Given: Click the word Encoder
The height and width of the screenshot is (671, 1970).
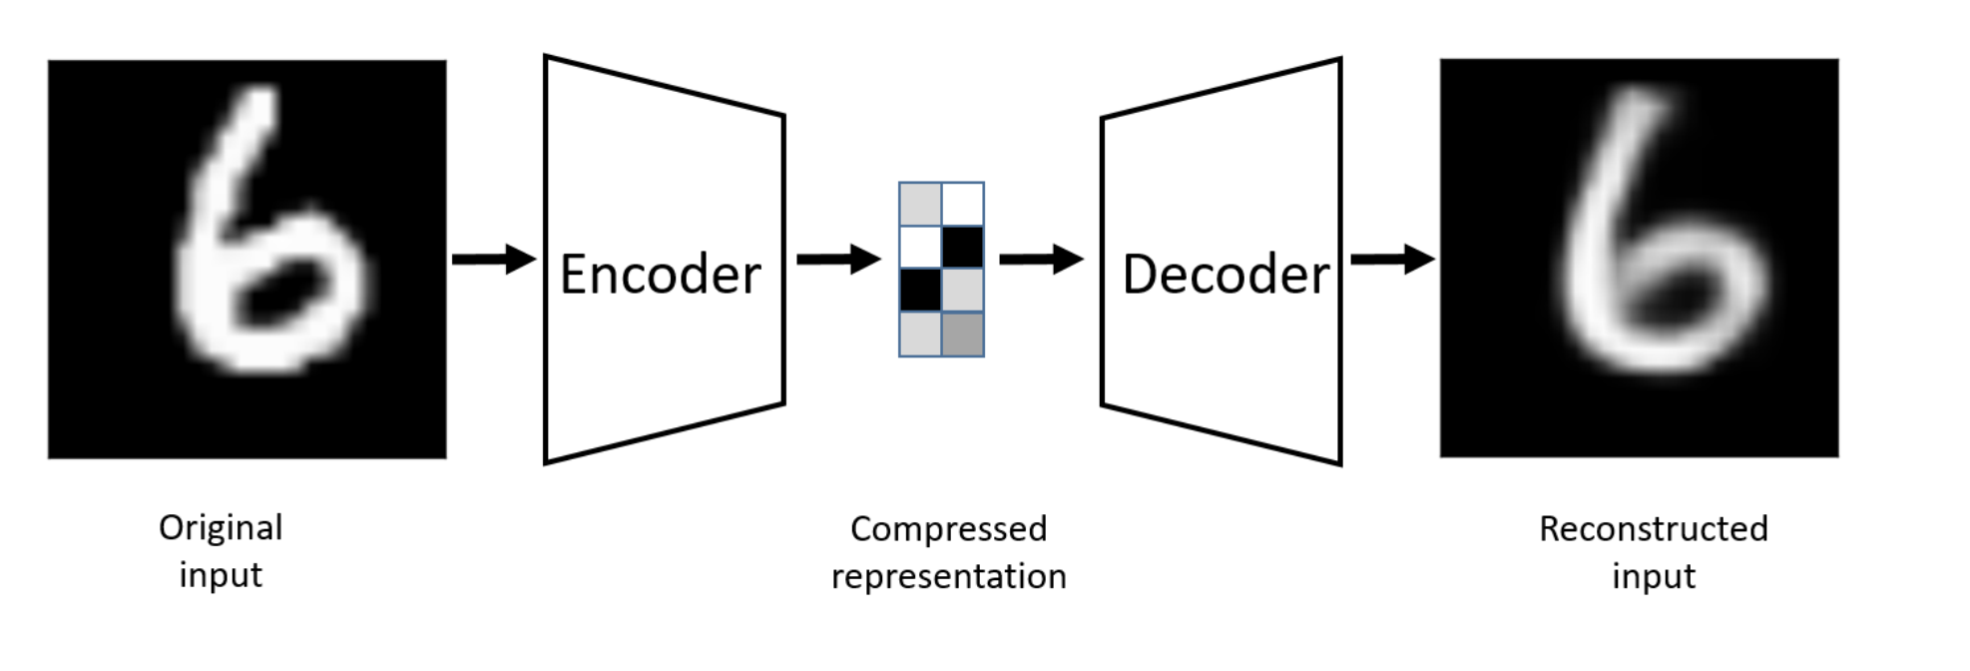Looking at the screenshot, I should (660, 275).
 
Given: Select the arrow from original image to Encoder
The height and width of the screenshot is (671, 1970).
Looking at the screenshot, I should (493, 260).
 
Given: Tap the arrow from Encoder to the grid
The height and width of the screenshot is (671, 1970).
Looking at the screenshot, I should (837, 260).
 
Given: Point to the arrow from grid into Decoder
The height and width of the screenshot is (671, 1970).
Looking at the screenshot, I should (1040, 260).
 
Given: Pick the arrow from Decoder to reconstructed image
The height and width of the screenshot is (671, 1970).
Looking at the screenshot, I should (1391, 260).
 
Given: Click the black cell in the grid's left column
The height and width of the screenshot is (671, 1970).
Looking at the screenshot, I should (920, 291).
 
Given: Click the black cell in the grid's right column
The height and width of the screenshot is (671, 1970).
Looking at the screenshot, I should (963, 247).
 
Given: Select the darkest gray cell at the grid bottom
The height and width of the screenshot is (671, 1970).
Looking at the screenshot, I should (963, 335).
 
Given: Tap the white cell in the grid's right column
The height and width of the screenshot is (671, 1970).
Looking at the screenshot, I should (963, 204).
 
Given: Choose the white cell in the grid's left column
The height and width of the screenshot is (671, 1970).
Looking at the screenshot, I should (920, 247).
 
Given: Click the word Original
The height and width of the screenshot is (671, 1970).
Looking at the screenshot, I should (221, 527).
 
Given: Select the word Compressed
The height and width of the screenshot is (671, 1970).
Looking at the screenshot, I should (948, 528).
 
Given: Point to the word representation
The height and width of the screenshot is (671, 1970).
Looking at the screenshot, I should (948, 576).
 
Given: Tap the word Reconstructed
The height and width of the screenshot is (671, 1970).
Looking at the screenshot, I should (1653, 528).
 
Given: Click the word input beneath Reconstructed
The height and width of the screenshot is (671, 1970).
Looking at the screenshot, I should (1653, 576).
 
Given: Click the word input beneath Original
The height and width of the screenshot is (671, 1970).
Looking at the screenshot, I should (221, 575).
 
